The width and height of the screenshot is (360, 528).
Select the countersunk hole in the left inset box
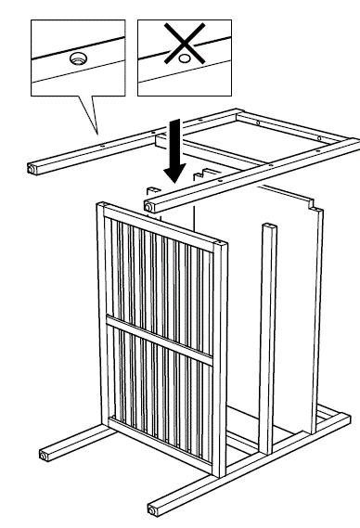(77, 58)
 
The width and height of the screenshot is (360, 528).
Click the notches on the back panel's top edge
(206, 174)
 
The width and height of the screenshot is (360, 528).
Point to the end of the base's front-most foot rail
(152, 509)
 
